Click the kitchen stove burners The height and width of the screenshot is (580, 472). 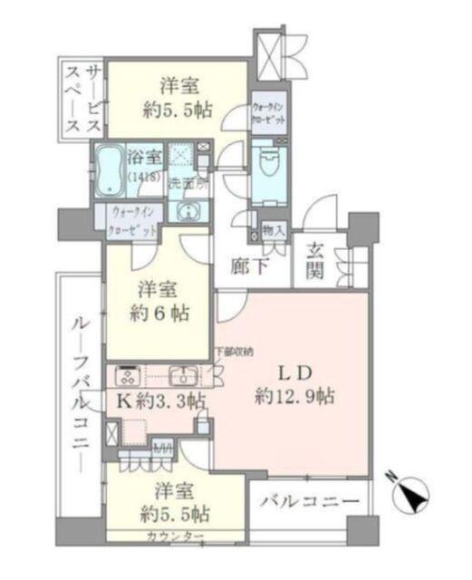127,375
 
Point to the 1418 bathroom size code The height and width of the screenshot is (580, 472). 140,174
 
